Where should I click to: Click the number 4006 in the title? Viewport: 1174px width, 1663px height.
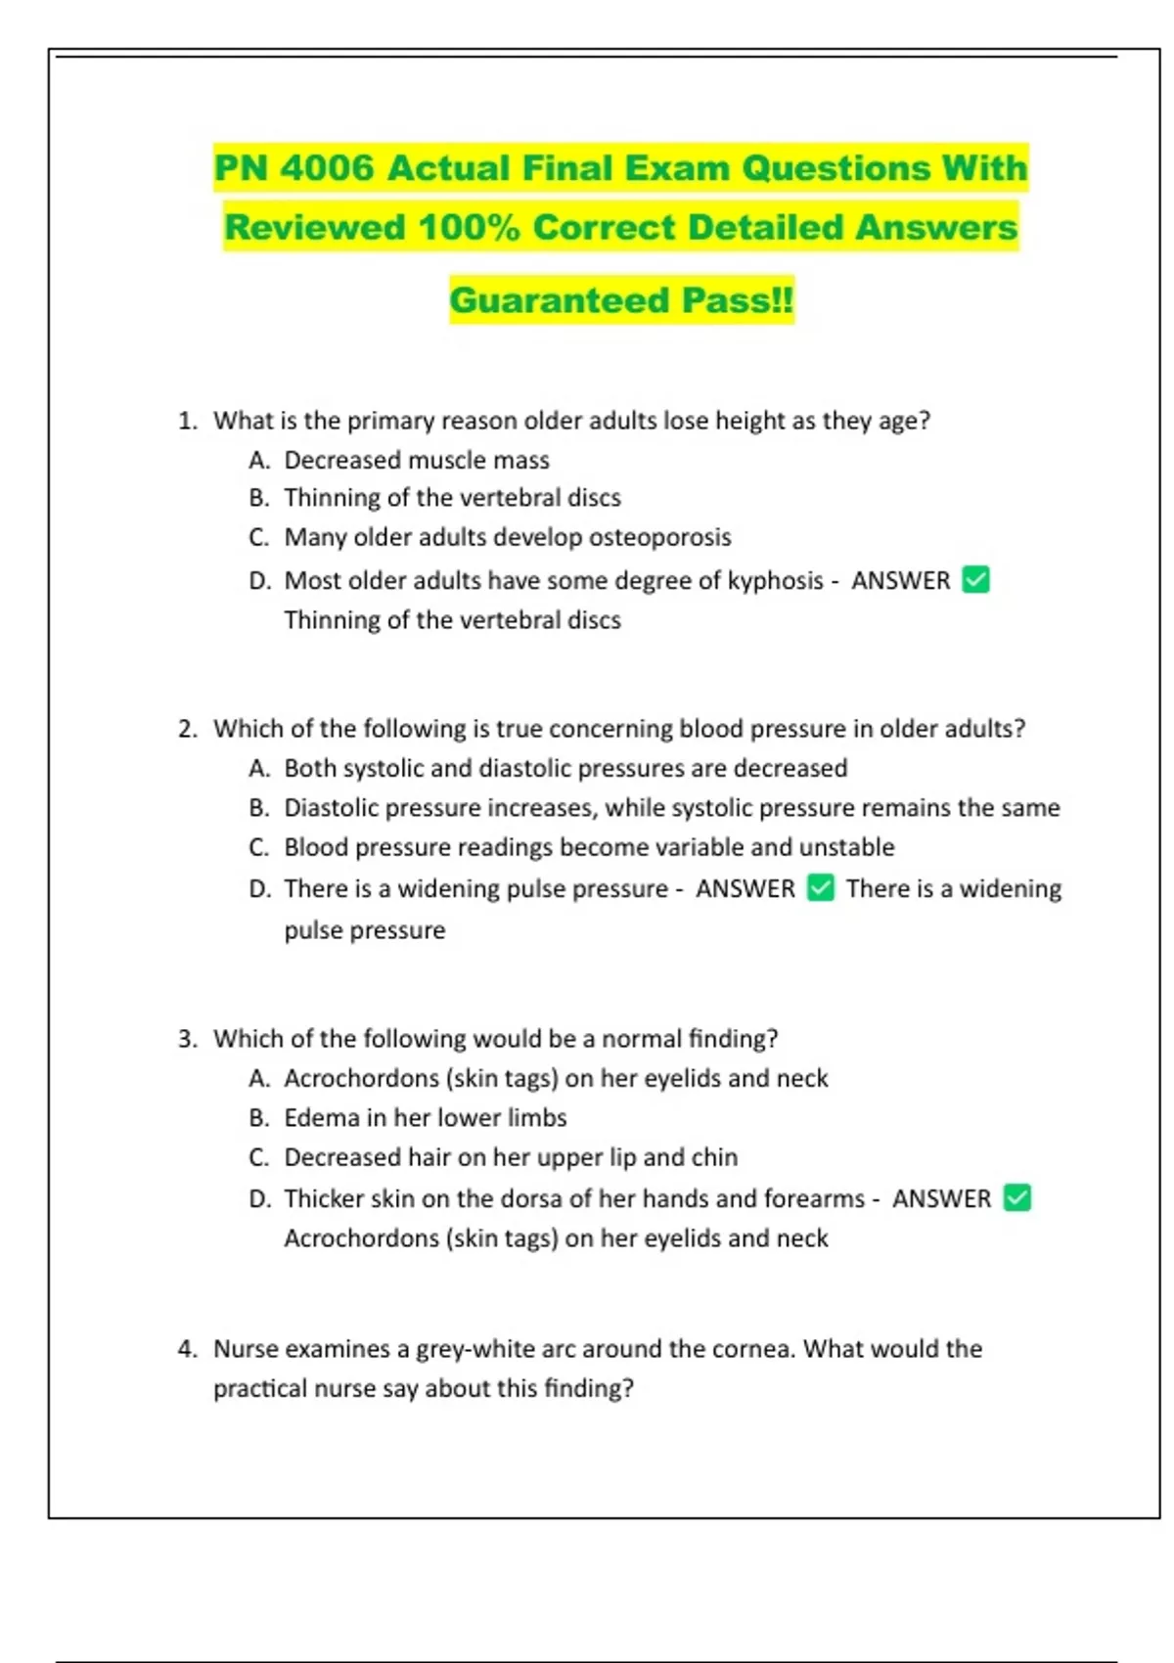pyautogui.click(x=327, y=168)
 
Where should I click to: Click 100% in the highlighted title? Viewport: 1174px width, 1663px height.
pyautogui.click(x=469, y=228)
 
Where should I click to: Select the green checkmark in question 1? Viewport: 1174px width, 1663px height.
pyautogui.click(x=975, y=580)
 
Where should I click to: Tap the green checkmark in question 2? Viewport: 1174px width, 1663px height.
pyautogui.click(x=821, y=888)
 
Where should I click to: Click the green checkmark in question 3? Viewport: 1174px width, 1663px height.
pyautogui.click(x=1017, y=1197)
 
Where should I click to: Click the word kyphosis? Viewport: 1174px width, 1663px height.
pyautogui.click(x=775, y=581)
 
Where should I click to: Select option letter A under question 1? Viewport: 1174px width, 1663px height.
pyautogui.click(x=258, y=460)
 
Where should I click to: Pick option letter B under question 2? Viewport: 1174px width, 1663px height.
pyautogui.click(x=258, y=808)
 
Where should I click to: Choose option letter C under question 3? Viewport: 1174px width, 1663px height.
pyautogui.click(x=258, y=1157)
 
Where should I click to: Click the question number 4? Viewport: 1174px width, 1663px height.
pyautogui.click(x=186, y=1349)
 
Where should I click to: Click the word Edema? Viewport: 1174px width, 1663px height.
pyautogui.click(x=321, y=1117)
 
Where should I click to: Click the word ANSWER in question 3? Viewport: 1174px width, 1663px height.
pyautogui.click(x=941, y=1198)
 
